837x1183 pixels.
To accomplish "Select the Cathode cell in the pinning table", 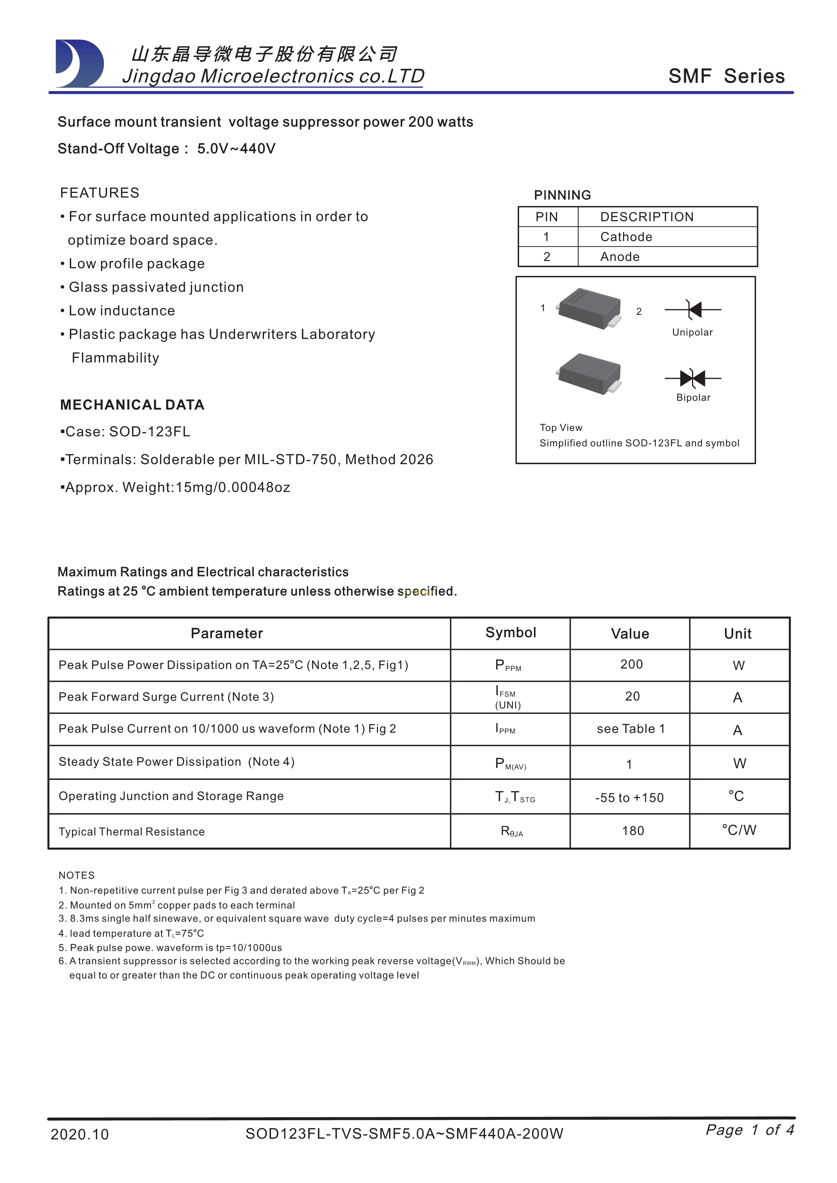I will pyautogui.click(x=626, y=237).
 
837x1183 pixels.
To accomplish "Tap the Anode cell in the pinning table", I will pyautogui.click(x=620, y=257).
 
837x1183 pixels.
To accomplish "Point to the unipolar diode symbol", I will pyautogui.click(x=693, y=310).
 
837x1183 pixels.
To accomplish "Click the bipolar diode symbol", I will pyautogui.click(x=693, y=378).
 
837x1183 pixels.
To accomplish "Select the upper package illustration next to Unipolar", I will pyautogui.click(x=589, y=308).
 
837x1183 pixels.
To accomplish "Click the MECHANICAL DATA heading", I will pyautogui.click(x=132, y=405).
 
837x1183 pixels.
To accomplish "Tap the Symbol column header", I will pyautogui.click(x=510, y=633).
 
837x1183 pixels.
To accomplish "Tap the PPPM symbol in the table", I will pyautogui.click(x=508, y=666).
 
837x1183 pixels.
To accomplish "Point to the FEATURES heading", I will pyautogui.click(x=100, y=193).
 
